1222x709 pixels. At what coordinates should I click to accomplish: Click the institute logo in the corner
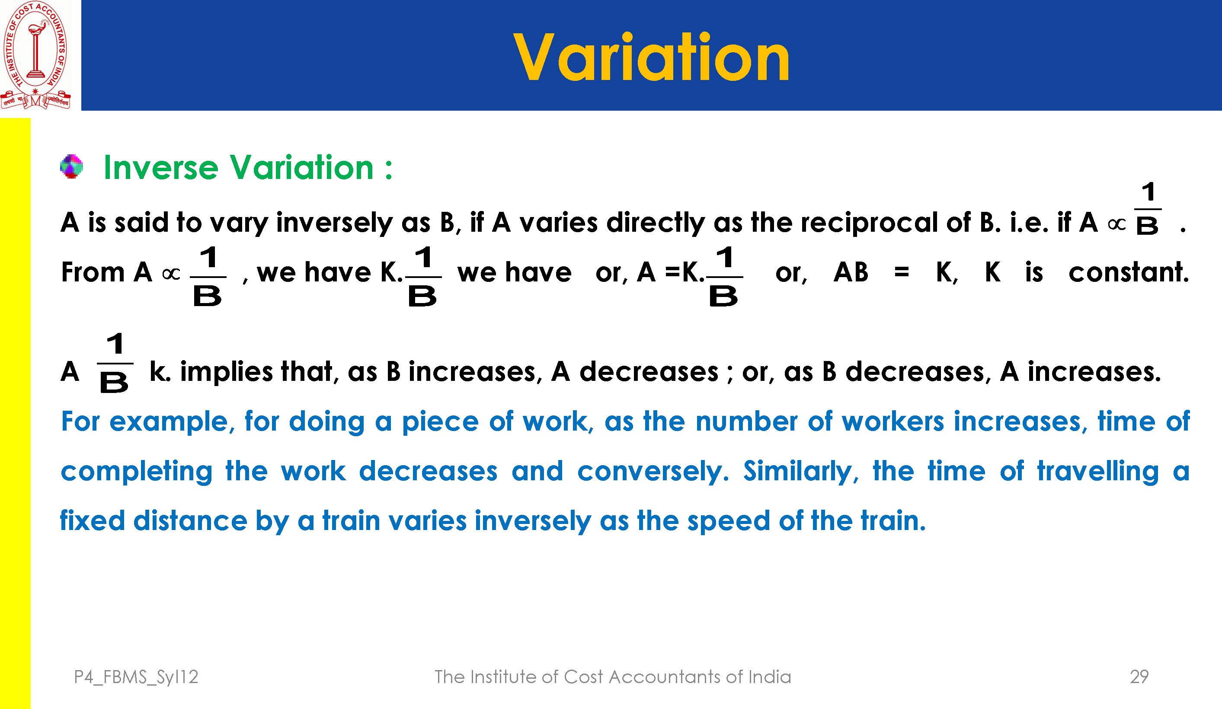tap(35, 55)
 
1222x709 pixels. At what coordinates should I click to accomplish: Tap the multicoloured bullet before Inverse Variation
tap(71, 166)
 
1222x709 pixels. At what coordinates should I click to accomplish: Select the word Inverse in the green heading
tap(161, 167)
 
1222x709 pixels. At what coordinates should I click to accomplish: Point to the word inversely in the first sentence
tap(334, 223)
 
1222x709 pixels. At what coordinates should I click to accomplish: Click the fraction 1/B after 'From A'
tap(208, 276)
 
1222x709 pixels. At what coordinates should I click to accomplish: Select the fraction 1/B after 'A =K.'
tap(724, 276)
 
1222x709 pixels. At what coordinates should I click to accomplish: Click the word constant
tap(1129, 272)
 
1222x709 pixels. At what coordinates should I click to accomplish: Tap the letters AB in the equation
tap(851, 272)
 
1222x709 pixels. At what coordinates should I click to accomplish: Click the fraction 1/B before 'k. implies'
tap(115, 363)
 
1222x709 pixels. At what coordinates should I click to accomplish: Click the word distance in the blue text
tap(190, 521)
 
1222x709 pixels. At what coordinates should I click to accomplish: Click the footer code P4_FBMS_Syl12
tap(136, 677)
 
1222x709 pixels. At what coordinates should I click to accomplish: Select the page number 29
tap(1139, 677)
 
